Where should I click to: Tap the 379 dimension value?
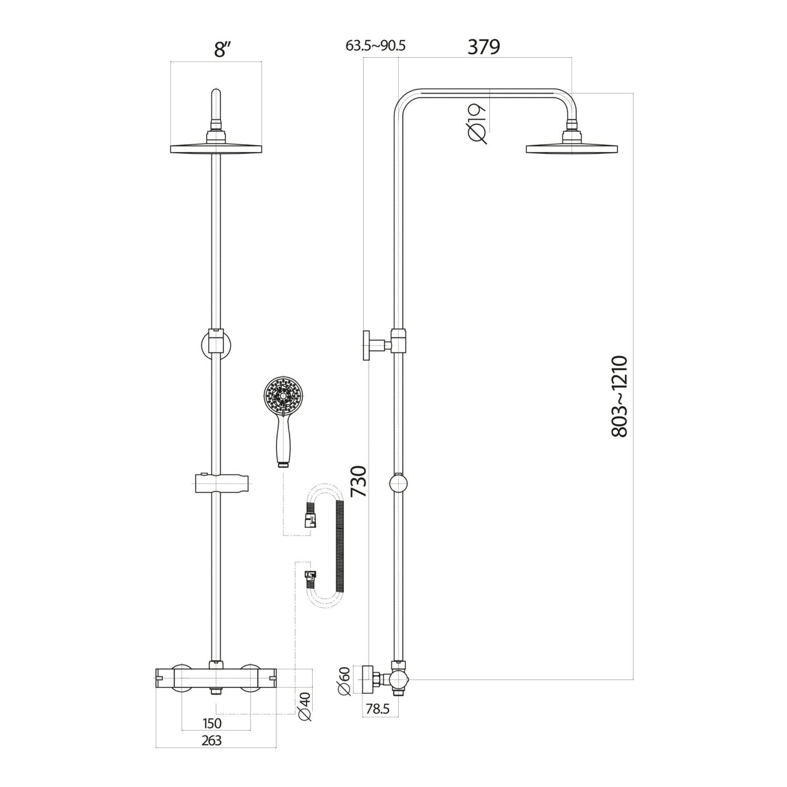coord(484,47)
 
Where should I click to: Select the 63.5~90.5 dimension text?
coord(375,45)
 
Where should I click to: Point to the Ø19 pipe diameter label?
coord(478,124)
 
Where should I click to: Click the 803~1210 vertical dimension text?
coord(618,396)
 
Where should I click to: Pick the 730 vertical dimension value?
coord(360,481)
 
